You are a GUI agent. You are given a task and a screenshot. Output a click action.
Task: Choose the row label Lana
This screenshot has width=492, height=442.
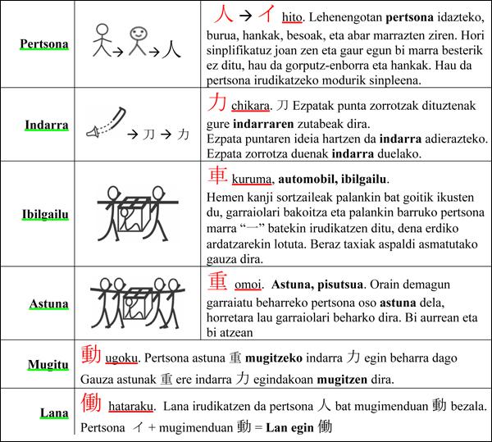point(53,414)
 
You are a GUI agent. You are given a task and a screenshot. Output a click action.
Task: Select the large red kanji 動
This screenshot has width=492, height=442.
point(91,354)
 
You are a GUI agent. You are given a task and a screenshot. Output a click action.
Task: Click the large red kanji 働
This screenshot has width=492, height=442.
point(91,403)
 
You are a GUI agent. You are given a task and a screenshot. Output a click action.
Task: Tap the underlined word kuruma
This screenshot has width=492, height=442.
point(253,179)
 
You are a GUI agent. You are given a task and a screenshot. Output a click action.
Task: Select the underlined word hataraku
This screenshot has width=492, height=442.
point(132,407)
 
